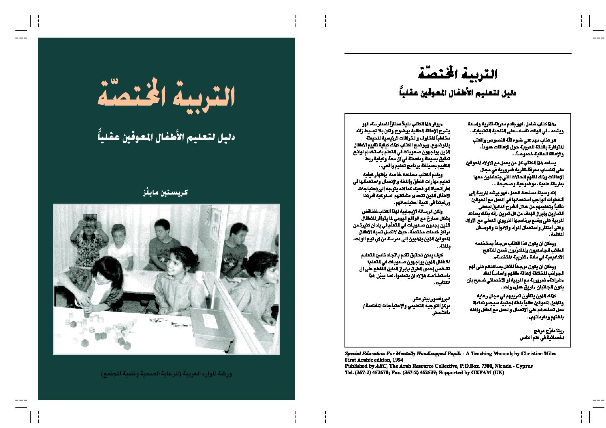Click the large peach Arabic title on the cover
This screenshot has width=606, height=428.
click(166, 95)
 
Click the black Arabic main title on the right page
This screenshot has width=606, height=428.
click(457, 74)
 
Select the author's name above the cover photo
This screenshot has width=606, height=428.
click(166, 192)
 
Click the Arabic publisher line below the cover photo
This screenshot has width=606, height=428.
click(166, 374)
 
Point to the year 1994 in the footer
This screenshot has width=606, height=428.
click(398, 360)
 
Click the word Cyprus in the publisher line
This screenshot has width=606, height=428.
click(524, 366)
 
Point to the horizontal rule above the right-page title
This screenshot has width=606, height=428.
click(457, 53)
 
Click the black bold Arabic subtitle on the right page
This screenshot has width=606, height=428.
click(457, 93)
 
